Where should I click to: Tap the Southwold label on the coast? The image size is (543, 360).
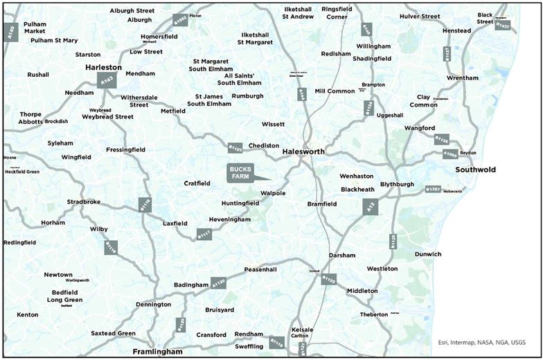(475, 170)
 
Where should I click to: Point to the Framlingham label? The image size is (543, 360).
(158, 352)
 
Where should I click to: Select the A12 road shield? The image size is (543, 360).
(371, 206)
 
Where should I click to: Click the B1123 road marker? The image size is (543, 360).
(235, 147)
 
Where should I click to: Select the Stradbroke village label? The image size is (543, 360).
(84, 202)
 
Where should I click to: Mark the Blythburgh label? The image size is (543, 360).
(396, 184)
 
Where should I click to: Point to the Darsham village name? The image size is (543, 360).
(342, 255)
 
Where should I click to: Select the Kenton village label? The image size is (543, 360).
(28, 315)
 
